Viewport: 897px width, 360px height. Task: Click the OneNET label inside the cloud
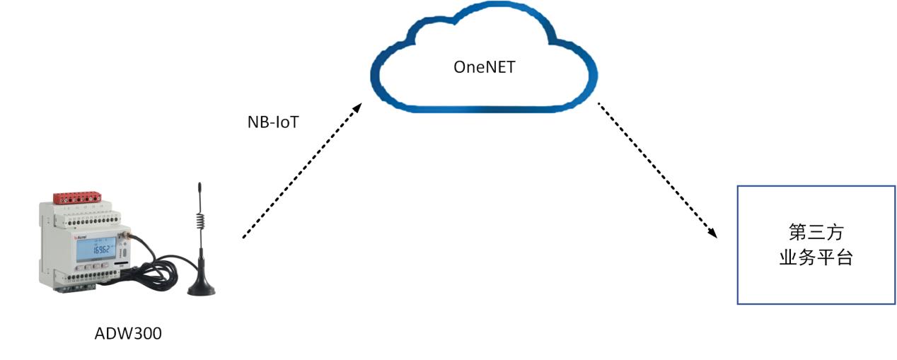point(484,68)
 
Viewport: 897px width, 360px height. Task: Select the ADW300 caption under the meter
point(128,333)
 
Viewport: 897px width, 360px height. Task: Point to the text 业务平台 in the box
point(816,258)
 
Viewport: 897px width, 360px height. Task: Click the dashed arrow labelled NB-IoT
point(301,170)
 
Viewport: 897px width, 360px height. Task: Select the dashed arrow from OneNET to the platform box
point(656,170)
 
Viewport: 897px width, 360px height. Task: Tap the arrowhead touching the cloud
point(357,108)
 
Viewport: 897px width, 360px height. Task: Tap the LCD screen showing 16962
point(97,248)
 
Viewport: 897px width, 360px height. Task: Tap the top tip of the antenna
point(199,185)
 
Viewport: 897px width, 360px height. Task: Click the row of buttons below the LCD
point(96,267)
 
